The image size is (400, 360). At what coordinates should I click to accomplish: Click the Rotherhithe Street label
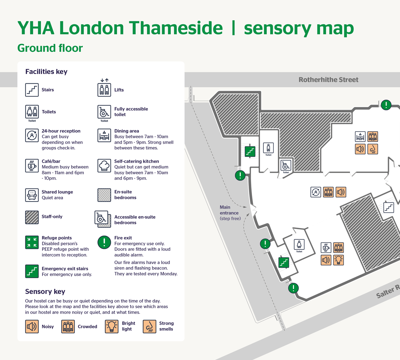328,80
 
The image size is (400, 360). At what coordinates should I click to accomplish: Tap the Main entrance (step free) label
230,213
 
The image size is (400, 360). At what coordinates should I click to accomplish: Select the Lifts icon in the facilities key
104,89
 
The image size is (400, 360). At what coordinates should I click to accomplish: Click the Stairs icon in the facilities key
32,90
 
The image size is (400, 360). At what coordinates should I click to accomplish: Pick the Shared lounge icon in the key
32,195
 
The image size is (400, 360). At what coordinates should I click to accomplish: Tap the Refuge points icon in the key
32,242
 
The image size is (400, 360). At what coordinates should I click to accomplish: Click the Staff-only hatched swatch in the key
32,217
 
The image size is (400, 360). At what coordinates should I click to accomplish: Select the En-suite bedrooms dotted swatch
104,195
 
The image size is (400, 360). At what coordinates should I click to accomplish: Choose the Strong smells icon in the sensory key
149,326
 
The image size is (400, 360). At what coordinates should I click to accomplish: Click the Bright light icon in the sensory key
112,326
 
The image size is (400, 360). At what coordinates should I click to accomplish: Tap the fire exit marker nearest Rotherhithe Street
386,105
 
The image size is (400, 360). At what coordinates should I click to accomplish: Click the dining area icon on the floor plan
360,137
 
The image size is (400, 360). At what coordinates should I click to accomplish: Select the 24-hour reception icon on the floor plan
316,192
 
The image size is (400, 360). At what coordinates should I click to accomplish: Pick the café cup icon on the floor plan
326,248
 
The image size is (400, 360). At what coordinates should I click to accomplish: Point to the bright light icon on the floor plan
339,260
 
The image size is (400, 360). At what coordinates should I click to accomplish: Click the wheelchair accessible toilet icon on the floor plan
286,165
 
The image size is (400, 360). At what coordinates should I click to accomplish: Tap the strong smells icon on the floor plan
373,149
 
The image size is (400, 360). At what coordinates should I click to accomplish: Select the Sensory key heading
45,291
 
